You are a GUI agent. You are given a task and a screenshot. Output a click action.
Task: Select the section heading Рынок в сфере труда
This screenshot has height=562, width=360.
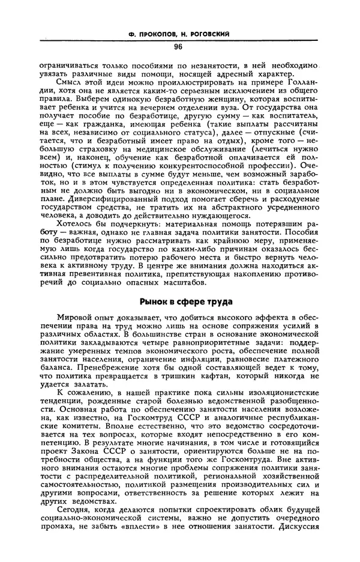coord(178,300)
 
